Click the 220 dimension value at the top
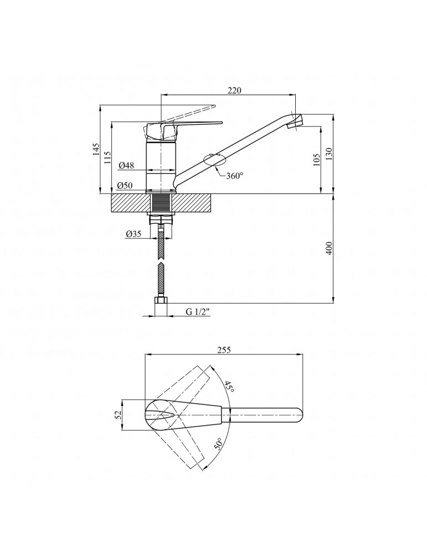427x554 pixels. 234,90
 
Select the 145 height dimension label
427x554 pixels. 96,150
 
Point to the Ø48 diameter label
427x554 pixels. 126,165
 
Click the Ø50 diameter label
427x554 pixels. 125,186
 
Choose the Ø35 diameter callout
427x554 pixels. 133,234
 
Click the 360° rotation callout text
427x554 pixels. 235,176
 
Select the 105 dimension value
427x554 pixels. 316,160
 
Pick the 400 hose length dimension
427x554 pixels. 328,249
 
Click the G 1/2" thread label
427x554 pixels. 198,311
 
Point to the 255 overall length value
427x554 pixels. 224,350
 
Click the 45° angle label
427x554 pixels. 229,387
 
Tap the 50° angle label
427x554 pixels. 219,444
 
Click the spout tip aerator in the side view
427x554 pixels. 295,121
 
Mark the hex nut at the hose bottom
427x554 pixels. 161,301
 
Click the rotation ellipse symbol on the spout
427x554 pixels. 215,160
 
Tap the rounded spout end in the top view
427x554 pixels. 300,415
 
